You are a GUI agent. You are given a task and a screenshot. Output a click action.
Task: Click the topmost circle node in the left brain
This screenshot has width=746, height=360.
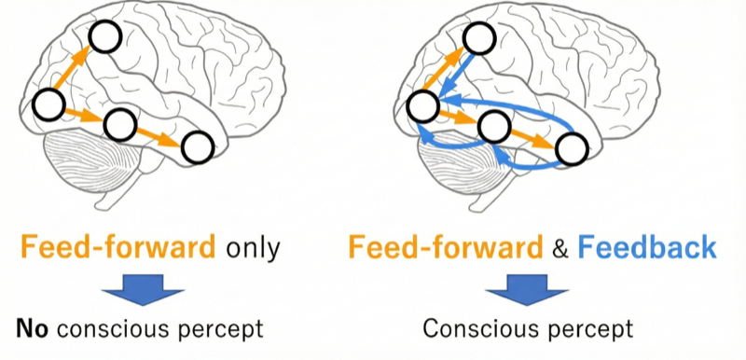(x=105, y=38)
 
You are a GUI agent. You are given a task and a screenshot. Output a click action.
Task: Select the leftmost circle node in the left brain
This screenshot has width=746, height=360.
(x=48, y=105)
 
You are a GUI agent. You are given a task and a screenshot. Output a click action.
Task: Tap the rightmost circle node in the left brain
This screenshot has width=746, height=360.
(x=198, y=146)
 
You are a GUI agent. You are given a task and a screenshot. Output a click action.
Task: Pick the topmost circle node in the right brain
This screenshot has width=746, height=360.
(x=478, y=38)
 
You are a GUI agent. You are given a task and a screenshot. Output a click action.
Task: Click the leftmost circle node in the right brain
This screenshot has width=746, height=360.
(x=422, y=106)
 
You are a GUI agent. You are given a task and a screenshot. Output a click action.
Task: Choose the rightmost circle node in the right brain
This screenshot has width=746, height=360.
(x=572, y=147)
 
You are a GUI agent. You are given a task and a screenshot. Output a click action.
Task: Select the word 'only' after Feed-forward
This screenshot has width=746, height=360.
(x=249, y=247)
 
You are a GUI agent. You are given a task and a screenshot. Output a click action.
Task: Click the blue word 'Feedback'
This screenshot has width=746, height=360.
(x=646, y=247)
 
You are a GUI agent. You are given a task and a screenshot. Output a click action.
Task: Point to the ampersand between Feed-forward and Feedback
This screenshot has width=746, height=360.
(x=559, y=248)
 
